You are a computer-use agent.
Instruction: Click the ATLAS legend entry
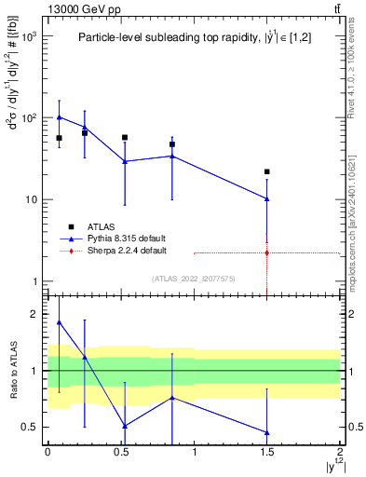(x=100, y=226)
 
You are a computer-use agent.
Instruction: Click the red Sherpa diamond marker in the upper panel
(x=267, y=252)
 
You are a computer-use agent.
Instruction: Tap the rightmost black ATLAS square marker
(x=267, y=171)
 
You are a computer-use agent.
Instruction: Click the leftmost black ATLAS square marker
(x=59, y=138)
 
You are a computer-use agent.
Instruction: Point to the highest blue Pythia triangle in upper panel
(x=59, y=117)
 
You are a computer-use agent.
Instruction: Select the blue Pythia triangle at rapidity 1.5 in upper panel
(x=267, y=198)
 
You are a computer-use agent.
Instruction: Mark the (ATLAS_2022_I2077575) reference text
(x=194, y=279)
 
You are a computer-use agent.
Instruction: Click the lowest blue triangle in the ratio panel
(x=267, y=432)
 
